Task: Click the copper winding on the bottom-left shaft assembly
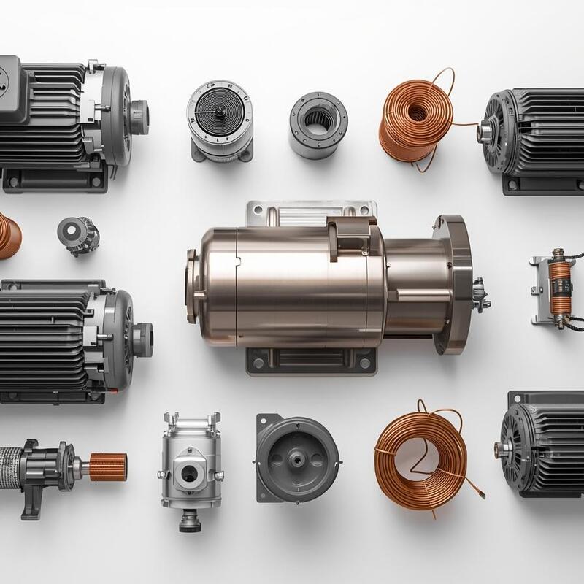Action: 108,464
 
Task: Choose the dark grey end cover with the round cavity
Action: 297,458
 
